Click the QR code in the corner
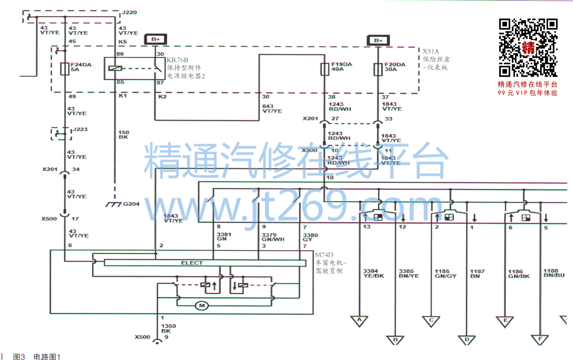tap(528, 48)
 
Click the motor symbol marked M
tap(202, 305)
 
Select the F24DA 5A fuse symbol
tap(65, 69)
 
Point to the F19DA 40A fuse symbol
tap(325, 69)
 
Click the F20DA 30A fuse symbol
tap(378, 69)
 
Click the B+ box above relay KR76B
tap(155, 39)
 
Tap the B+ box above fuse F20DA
tap(378, 41)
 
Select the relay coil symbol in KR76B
tap(115, 68)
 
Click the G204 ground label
tap(131, 204)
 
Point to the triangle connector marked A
tap(359, 320)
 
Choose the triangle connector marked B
tap(395, 340)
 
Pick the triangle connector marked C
tap(431, 321)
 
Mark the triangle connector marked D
tap(467, 340)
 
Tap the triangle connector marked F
tap(540, 339)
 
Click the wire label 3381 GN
tap(224, 236)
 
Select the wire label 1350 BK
tap(168, 328)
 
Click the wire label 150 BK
tap(124, 135)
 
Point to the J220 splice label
tap(129, 12)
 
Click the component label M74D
tap(324, 255)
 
